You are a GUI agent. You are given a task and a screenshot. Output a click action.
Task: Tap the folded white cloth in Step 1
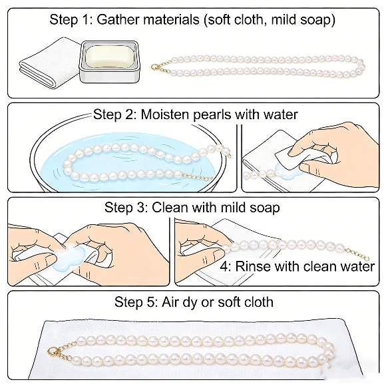tap(48, 65)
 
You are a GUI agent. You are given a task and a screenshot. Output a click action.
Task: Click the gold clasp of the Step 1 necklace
tap(156, 67)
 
